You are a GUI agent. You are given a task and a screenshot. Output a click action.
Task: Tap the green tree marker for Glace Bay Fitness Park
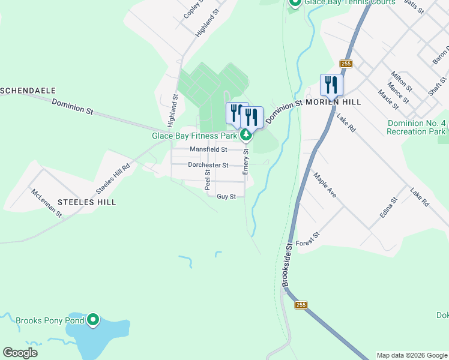(246, 136)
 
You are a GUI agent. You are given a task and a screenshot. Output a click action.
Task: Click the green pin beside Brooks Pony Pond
(93, 320)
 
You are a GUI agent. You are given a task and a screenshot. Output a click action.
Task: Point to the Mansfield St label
(208, 149)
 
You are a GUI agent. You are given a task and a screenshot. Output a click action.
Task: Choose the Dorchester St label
(208, 165)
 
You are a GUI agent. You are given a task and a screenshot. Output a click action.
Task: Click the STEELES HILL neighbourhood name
(85, 202)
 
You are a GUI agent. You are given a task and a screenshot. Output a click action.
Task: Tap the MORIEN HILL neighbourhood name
(333, 103)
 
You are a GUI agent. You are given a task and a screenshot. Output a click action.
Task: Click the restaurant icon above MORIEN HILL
(331, 85)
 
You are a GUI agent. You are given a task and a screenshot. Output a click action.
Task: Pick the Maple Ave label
(325, 185)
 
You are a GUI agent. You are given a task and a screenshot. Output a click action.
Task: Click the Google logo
(20, 353)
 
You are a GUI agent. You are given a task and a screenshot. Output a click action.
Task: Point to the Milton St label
(400, 80)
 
